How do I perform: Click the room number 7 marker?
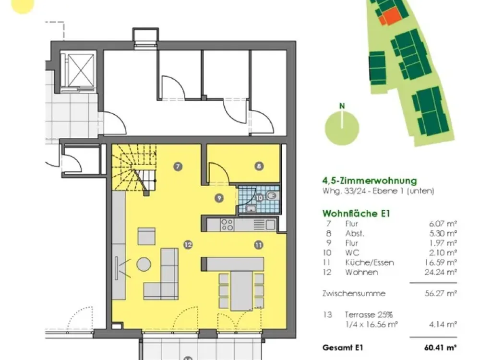[178, 167]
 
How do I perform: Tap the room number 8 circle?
[259, 166]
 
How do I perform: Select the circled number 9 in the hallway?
[219, 198]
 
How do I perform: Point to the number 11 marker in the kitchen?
[259, 245]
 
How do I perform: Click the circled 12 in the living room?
[188, 245]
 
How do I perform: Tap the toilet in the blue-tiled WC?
[272, 196]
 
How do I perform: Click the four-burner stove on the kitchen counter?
[228, 224]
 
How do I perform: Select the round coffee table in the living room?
[144, 264]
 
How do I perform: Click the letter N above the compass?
[342, 106]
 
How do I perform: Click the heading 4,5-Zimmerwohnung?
[370, 180]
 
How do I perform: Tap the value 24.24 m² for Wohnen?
[441, 272]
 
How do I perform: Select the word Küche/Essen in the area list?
[370, 263]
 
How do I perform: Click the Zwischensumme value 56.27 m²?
[441, 293]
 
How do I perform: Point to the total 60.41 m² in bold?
[441, 348]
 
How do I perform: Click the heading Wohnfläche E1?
[356, 214]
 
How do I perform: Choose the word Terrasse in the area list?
[360, 314]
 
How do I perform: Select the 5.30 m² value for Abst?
[443, 233]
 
